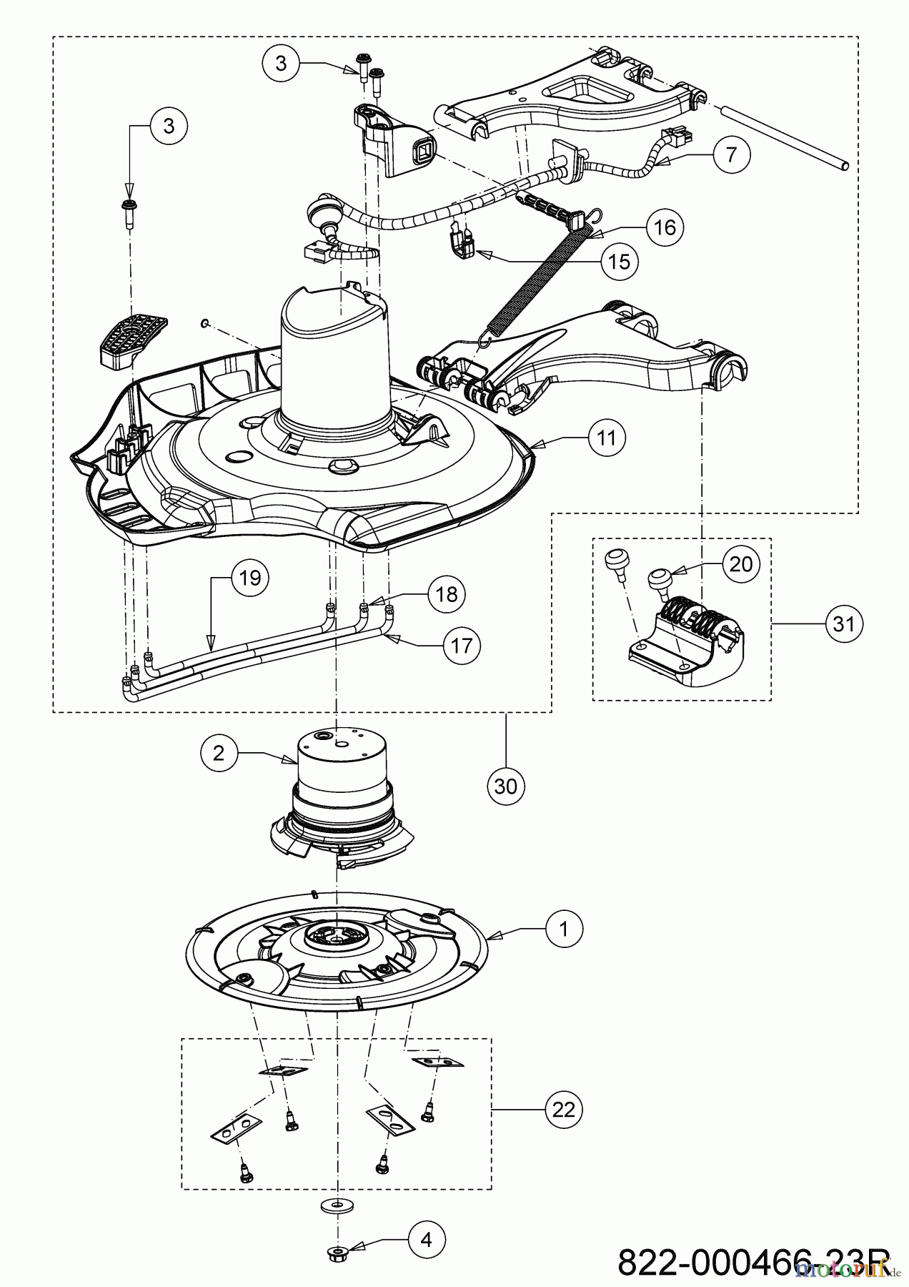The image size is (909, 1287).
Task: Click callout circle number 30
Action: pos(506,786)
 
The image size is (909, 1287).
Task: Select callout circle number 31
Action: pos(845,623)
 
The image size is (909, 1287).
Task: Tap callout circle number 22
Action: pos(564,1110)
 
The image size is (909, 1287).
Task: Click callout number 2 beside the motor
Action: pos(219,752)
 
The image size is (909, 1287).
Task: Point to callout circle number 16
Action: pos(665,227)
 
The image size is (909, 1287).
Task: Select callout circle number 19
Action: pos(249,578)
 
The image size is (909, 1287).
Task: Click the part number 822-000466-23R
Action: pos(750,1262)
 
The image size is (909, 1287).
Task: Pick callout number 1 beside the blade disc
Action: pos(564,929)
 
